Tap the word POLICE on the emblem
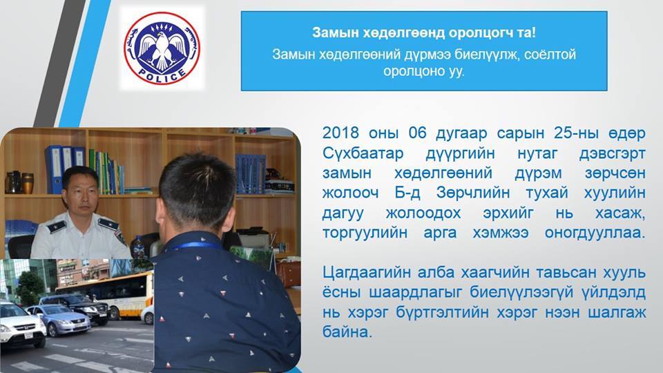pyautogui.click(x=162, y=76)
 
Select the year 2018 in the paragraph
pyautogui.click(x=340, y=133)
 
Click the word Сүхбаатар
pyautogui.click(x=363, y=153)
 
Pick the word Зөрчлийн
pyautogui.click(x=472, y=193)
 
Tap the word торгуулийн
pyautogui.click(x=365, y=233)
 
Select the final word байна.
pyautogui.click(x=347, y=332)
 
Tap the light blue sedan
pyautogui.click(x=59, y=320)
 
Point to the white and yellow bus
pyautogui.click(x=106, y=295)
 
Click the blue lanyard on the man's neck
pyautogui.click(x=195, y=246)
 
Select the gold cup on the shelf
pyautogui.click(x=27, y=182)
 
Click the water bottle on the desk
pyautogui.click(x=138, y=247)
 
